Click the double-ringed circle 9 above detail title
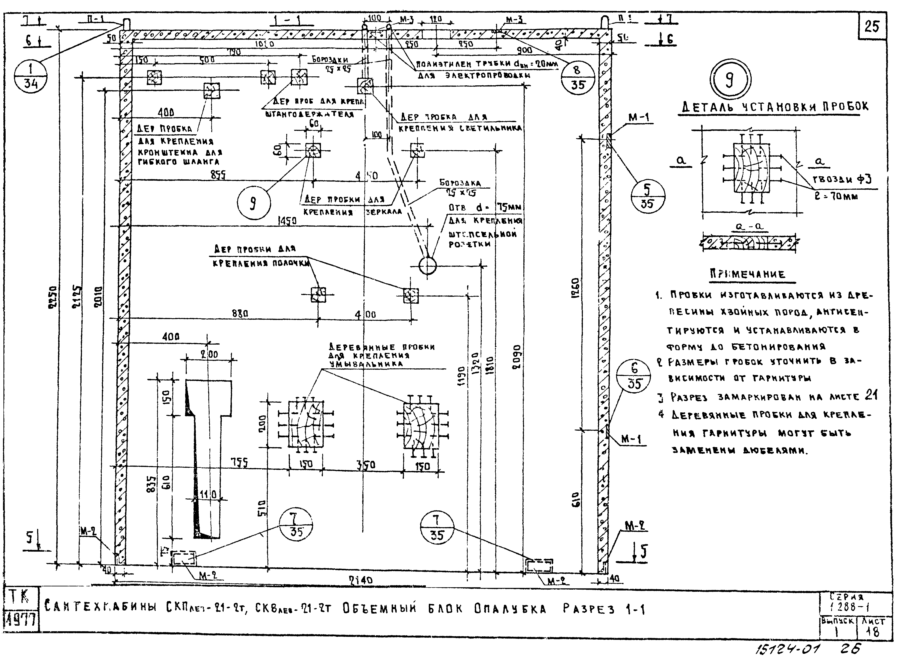point(730,79)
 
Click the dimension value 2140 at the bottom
point(361,580)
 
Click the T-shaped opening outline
point(208,443)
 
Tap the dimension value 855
point(218,175)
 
